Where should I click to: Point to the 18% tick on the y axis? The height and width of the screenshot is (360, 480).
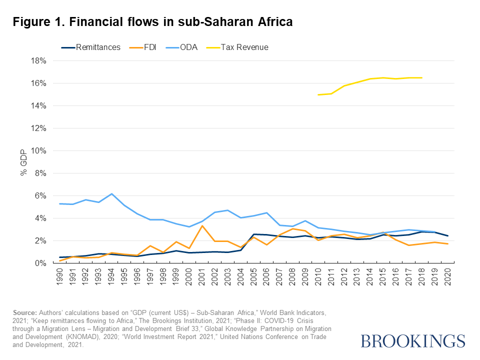click(38, 61)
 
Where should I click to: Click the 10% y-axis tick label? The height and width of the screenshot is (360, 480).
click(38, 151)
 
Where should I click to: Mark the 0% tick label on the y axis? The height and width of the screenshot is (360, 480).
click(40, 263)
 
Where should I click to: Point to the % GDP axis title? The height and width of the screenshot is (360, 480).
click(23, 162)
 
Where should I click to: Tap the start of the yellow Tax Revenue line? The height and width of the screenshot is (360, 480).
click(318, 95)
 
